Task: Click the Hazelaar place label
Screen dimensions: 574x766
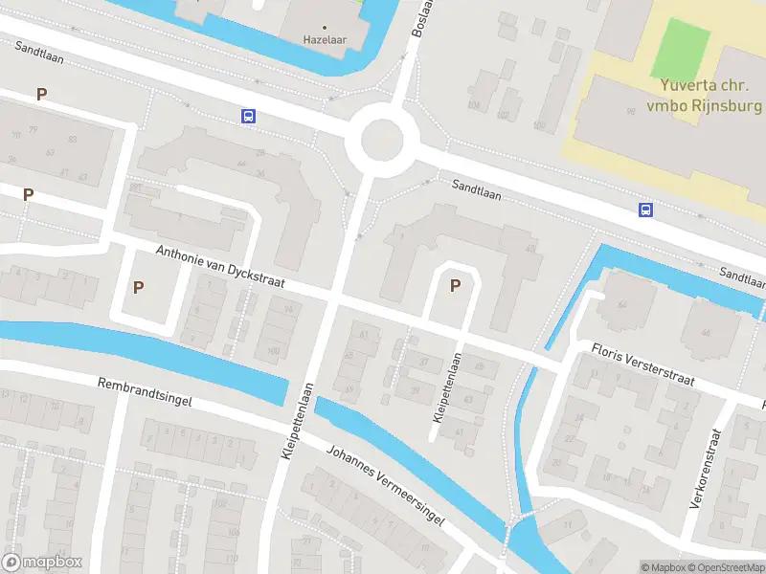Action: click(x=324, y=40)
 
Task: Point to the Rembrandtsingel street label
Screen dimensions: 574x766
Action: click(x=145, y=393)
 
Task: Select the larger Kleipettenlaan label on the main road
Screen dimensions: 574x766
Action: click(x=298, y=422)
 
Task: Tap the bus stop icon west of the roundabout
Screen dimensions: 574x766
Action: click(x=248, y=117)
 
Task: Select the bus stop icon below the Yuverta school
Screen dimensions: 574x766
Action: click(x=647, y=210)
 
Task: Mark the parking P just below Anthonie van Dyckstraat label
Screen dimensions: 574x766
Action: click(x=139, y=287)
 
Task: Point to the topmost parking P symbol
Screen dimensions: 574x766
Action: click(x=41, y=94)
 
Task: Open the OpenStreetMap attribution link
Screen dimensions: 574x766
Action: click(x=725, y=567)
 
